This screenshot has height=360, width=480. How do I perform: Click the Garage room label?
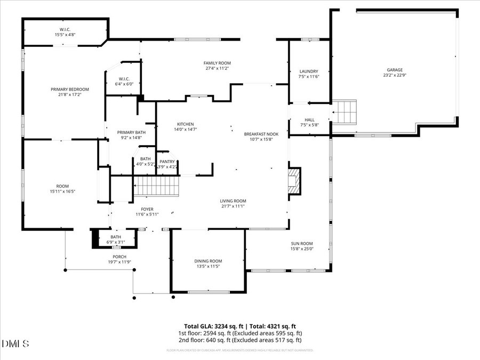(395, 69)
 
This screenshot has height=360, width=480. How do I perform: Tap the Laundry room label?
(309, 71)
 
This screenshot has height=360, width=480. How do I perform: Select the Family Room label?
(217, 63)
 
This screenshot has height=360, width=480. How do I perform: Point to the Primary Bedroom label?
(70, 89)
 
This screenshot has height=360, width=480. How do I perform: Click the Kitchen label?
(185, 124)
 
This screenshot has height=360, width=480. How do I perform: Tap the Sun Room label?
(302, 243)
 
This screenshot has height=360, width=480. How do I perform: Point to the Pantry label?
(167, 161)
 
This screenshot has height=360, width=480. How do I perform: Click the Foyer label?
(147, 209)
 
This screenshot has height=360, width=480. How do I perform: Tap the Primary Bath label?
(131, 132)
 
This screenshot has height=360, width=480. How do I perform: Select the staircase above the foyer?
(157, 187)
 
